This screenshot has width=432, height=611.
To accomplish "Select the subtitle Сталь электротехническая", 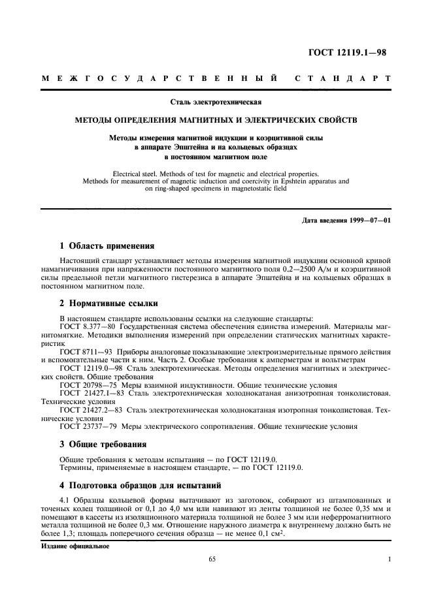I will pyautogui.click(x=216, y=102).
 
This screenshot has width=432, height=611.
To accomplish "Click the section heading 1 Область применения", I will pyautogui.click(x=107, y=246).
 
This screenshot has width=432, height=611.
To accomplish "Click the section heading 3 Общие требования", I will pyautogui.click(x=103, y=445).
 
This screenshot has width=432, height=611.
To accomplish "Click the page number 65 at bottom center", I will pyautogui.click(x=212, y=559).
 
